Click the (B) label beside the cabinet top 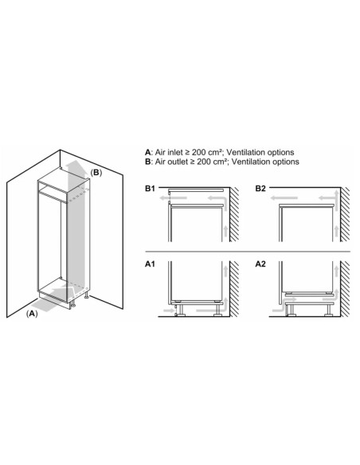(96, 172)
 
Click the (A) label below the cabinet (31, 315)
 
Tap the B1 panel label (150, 189)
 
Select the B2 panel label (260, 189)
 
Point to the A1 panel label (150, 263)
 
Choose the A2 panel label (260, 263)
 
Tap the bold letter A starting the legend (147, 152)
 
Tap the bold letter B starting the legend (147, 162)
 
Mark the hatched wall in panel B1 (237, 215)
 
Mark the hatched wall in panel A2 (346, 291)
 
